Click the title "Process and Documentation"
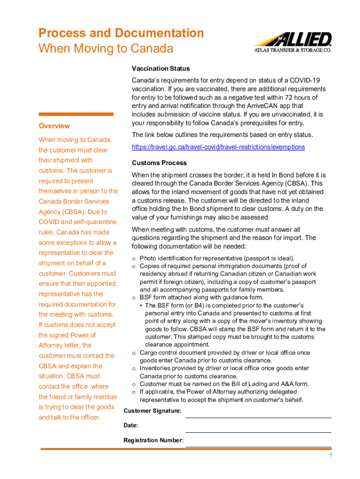pos(121,33)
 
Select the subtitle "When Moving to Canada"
pos(106,49)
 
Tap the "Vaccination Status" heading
pos(160,69)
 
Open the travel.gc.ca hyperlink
pos(218,147)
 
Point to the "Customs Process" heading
pos(159,163)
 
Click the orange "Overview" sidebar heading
pos(54,126)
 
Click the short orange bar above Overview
pos(76,114)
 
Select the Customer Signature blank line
pos(258,416)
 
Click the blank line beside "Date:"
pos(258,431)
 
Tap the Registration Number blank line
pos(258,446)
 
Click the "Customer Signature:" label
pos(152,411)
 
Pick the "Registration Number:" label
pos(153,441)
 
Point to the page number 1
pos(330,456)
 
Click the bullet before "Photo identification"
pos(134,258)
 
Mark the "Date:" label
pos(130,426)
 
